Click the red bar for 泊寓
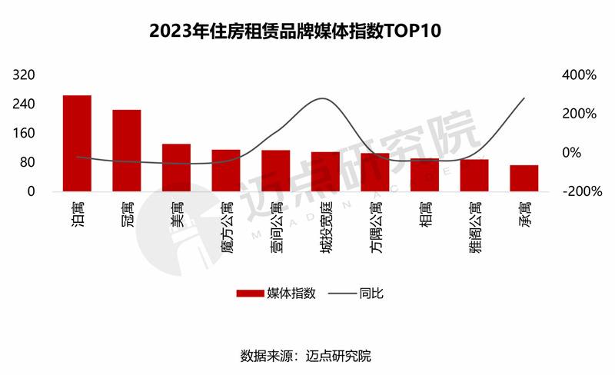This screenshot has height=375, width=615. point(77,143)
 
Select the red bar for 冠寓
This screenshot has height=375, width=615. point(127,150)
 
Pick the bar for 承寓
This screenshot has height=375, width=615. point(524,178)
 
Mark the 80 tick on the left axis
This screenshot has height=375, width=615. point(29,162)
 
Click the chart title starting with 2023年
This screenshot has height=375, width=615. point(307,32)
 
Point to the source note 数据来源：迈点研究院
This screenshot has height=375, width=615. point(307,356)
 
